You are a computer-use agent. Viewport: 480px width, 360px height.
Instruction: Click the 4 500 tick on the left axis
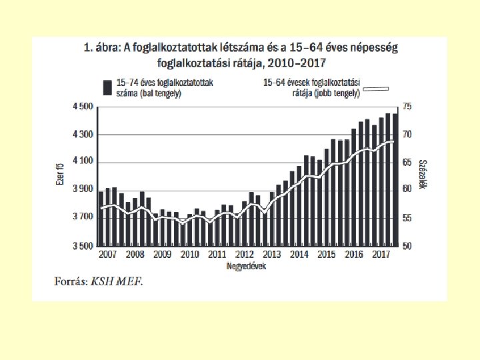pyautogui.click(x=83, y=107)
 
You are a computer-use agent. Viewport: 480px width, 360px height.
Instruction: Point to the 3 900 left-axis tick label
pyautogui.click(x=83, y=189)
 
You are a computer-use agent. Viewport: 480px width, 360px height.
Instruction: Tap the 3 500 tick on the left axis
pyautogui.click(x=83, y=246)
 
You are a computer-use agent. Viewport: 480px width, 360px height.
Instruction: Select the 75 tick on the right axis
pyautogui.click(x=408, y=107)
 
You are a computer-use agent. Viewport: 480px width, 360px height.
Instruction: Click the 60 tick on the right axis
pyautogui.click(x=408, y=189)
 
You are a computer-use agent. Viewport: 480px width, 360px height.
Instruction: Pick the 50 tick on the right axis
pyautogui.click(x=408, y=246)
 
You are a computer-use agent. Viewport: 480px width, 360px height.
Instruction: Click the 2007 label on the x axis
pyautogui.click(x=107, y=255)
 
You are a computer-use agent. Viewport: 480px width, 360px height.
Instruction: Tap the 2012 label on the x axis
pyautogui.click(x=245, y=255)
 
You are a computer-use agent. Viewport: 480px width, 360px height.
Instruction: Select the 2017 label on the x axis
pyautogui.click(x=381, y=255)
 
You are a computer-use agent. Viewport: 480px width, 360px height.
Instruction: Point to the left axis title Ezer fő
pyautogui.click(x=59, y=177)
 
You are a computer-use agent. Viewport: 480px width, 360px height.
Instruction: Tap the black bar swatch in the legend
pyautogui.click(x=107, y=87)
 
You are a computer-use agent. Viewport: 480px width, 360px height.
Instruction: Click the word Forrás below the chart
pyautogui.click(x=69, y=281)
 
